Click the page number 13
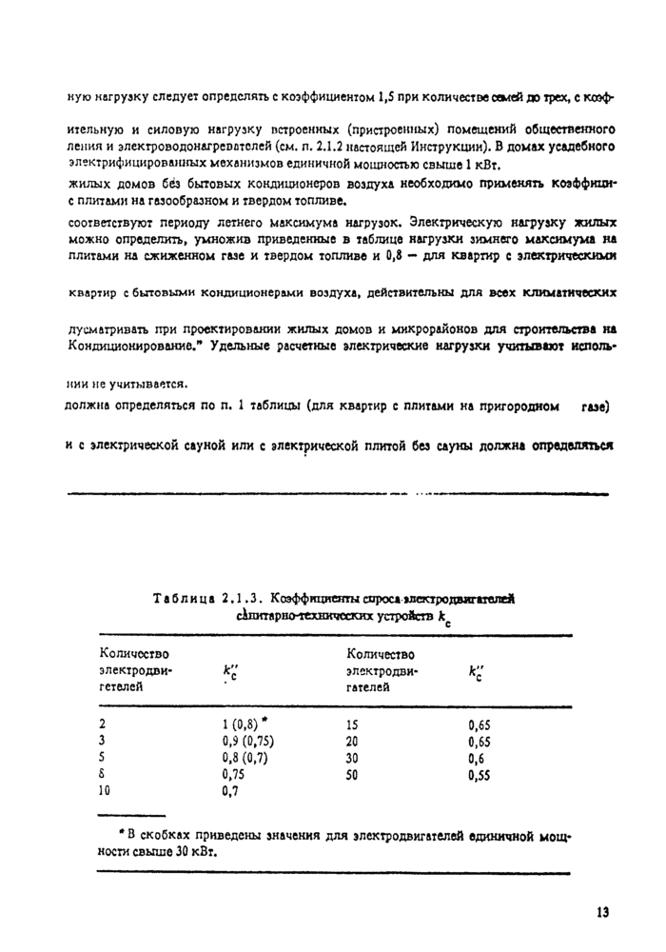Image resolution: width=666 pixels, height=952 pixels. pyautogui.click(x=601, y=912)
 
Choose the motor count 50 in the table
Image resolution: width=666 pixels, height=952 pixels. pyautogui.click(x=354, y=775)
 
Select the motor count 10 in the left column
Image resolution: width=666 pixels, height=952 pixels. pyautogui.click(x=106, y=791)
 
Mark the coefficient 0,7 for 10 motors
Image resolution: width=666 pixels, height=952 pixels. pyautogui.click(x=228, y=791)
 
